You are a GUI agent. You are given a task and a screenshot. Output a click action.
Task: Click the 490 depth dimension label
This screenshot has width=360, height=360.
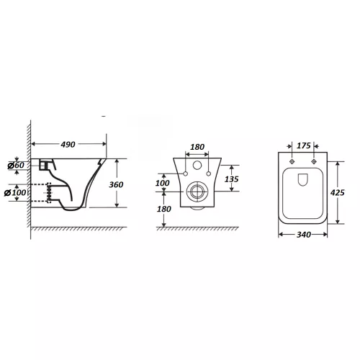[x=68, y=145]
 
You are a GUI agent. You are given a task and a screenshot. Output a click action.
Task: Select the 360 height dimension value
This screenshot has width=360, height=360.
[x=116, y=184]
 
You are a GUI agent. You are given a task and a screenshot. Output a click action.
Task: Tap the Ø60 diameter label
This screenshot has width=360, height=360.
[x=16, y=165]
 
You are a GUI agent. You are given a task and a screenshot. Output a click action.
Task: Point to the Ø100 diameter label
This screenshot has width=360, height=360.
[x=15, y=192]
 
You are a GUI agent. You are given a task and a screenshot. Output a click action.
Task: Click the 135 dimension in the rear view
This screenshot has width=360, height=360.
[x=232, y=179]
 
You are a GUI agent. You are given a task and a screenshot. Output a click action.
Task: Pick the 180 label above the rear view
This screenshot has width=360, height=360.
[x=197, y=147]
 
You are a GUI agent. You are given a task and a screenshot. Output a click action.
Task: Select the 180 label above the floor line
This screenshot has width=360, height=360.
[x=164, y=209]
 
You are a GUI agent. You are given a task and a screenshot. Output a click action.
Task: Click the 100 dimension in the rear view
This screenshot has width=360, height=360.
[x=163, y=183]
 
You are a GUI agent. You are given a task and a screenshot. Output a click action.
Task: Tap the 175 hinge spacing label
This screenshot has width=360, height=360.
[x=304, y=145]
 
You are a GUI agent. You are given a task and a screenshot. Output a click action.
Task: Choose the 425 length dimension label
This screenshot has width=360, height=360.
[x=338, y=192]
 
